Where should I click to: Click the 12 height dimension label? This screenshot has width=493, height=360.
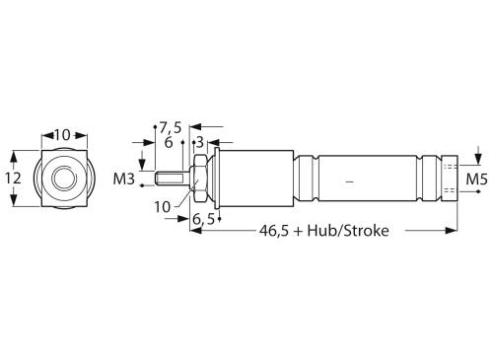click(x=13, y=179)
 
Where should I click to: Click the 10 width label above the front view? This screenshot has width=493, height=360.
click(x=63, y=133)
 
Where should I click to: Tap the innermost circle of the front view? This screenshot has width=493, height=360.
click(x=64, y=179)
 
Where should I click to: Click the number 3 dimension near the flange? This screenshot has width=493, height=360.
click(x=199, y=142)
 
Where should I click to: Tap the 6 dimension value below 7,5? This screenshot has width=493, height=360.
click(x=169, y=142)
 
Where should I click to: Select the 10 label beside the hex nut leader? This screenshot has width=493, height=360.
click(x=162, y=206)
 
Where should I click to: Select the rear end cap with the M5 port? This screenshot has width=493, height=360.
click(x=450, y=180)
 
